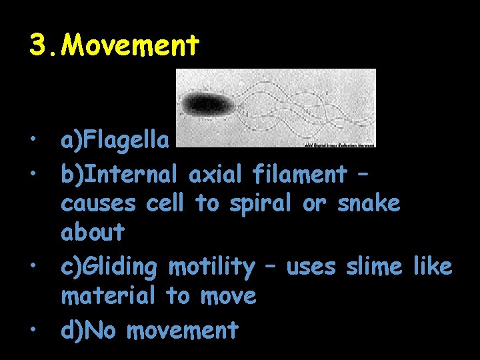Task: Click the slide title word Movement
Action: click(133, 45)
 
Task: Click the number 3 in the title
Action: click(37, 45)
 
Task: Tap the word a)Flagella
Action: click(115, 141)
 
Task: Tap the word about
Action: click(93, 233)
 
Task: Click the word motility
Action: click(211, 267)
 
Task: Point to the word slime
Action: click(374, 267)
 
